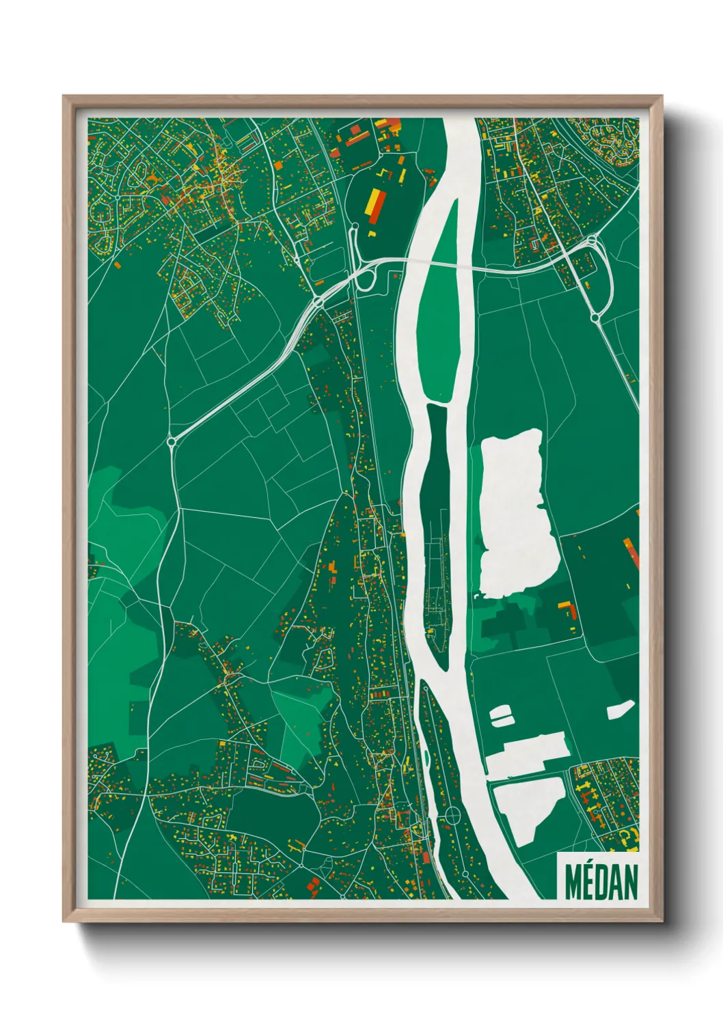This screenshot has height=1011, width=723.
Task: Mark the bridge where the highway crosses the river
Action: [x=437, y=262]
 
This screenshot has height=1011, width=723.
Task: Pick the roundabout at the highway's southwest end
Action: [x=172, y=442]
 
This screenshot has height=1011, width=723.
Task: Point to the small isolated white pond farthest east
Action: [x=620, y=710]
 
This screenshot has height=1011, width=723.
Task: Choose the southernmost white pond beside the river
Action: [x=528, y=809]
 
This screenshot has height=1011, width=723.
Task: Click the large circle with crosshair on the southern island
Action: [x=452, y=816]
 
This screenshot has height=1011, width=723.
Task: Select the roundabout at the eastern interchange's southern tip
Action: [x=595, y=318]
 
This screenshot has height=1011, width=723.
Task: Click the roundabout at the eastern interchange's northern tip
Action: [x=590, y=240]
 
